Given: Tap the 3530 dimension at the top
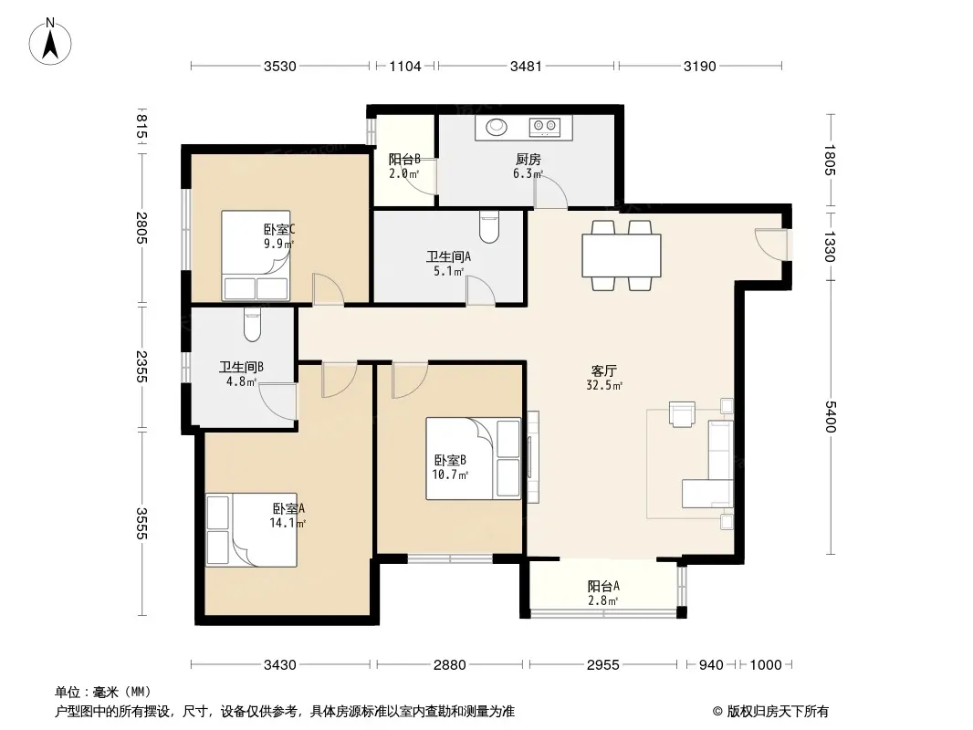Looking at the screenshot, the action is click(x=280, y=67).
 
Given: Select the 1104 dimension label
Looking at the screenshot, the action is click(x=404, y=67).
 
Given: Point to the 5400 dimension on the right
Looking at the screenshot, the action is click(x=831, y=416).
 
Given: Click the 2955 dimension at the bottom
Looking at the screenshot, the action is click(x=602, y=665).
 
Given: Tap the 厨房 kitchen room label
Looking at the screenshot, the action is click(x=528, y=160).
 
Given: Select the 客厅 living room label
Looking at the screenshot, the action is click(x=603, y=370).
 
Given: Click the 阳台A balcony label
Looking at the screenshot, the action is click(x=603, y=586).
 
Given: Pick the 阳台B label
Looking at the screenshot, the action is click(x=404, y=160).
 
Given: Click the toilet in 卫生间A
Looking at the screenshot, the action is click(x=489, y=226).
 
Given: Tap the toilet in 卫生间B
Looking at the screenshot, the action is click(x=252, y=324).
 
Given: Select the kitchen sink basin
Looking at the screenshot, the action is click(x=497, y=127).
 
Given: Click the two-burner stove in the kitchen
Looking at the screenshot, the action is click(x=544, y=127).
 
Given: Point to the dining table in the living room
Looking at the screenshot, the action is click(x=622, y=255).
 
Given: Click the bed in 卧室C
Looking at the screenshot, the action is click(x=256, y=255).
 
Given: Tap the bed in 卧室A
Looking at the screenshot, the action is click(x=251, y=529).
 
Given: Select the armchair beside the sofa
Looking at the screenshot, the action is click(x=681, y=413).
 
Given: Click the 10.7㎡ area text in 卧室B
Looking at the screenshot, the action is click(x=450, y=475).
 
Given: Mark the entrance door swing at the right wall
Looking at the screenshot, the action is click(x=771, y=245).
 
